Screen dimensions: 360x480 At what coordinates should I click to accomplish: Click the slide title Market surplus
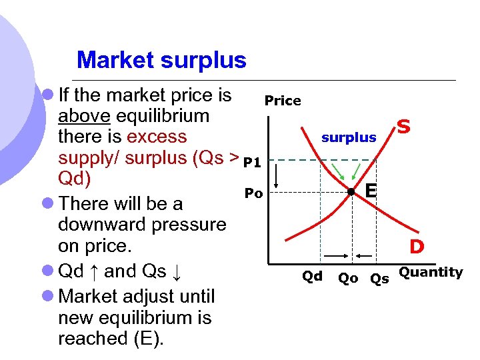pyautogui.click(x=161, y=61)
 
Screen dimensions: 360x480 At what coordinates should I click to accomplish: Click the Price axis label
pyautogui.click(x=283, y=101)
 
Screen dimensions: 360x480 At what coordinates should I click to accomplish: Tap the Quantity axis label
pyautogui.click(x=431, y=272)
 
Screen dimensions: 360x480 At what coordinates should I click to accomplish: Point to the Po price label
pyautogui.click(x=254, y=193)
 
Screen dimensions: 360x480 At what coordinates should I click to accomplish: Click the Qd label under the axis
pyautogui.click(x=312, y=276)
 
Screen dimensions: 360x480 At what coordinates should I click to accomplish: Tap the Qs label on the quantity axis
pyautogui.click(x=380, y=279)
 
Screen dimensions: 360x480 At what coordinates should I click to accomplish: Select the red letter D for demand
pyautogui.click(x=417, y=247)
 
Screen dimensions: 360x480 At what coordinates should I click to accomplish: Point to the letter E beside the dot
pyautogui.click(x=371, y=191)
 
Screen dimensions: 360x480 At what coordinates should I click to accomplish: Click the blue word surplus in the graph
pyautogui.click(x=349, y=138)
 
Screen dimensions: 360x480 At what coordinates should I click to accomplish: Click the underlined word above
pyautogui.click(x=85, y=116)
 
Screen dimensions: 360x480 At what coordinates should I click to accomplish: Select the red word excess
pyautogui.click(x=157, y=137)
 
